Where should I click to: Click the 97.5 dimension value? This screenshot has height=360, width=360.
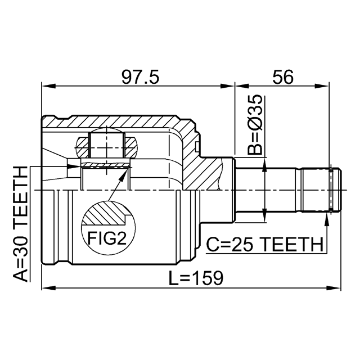(140, 77)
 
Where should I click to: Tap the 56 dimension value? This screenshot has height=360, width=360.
(282, 77)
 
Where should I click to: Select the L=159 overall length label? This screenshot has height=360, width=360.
(196, 278)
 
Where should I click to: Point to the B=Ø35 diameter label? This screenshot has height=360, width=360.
(255, 124)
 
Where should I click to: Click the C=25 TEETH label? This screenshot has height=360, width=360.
(264, 244)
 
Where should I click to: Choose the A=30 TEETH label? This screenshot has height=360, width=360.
(20, 224)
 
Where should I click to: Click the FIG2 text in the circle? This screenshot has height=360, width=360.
(107, 238)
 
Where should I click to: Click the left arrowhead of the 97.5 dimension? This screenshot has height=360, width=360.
(49, 86)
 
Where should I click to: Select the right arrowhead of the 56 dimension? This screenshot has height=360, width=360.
(322, 86)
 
